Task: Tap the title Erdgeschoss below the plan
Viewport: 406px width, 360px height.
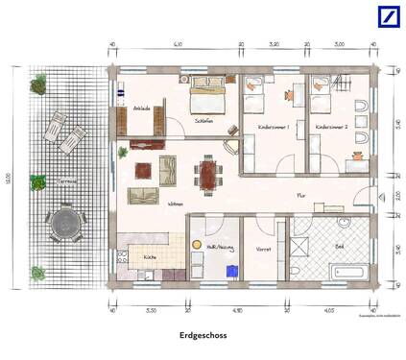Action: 202,336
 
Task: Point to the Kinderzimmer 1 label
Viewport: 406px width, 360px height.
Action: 274,126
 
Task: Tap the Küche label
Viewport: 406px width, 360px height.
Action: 150,257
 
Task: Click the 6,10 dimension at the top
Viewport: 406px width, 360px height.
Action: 178,45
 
